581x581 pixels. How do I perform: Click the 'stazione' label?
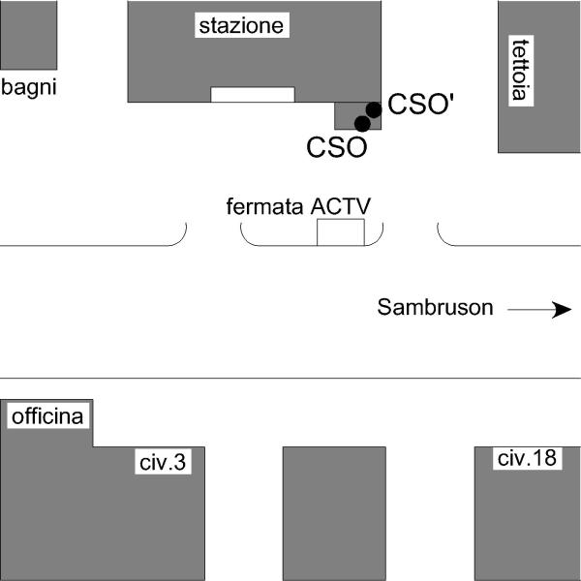(241, 25)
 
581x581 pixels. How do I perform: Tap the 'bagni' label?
(28, 87)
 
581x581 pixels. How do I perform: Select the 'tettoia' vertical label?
(521, 70)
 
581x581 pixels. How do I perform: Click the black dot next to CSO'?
(374, 109)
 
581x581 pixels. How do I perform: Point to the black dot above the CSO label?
(362, 124)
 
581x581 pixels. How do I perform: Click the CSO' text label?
(421, 104)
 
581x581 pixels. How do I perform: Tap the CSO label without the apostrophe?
(336, 147)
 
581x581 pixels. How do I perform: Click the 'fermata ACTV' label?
(298, 206)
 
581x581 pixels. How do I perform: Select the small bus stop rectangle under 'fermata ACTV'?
(341, 232)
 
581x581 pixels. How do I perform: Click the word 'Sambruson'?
(435, 307)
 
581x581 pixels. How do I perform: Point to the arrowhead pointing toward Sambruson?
(562, 310)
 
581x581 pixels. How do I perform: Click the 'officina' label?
(47, 416)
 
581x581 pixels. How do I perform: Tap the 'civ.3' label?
(163, 462)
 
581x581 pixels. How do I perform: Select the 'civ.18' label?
(527, 458)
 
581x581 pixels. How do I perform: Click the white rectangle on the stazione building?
(253, 95)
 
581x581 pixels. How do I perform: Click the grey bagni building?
(28, 35)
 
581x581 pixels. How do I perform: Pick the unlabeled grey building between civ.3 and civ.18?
(334, 513)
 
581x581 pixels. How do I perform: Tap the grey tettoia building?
(539, 76)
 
